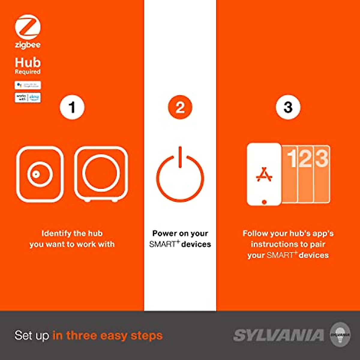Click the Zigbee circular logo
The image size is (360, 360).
pyautogui.click(x=28, y=27)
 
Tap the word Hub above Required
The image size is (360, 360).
pyautogui.click(x=28, y=62)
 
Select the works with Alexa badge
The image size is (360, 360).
pyautogui.click(x=28, y=97)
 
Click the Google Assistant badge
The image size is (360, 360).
pyautogui.click(x=28, y=85)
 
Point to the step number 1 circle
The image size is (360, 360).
pyautogui.click(x=72, y=107)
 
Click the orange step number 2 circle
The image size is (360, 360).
pyautogui.click(x=180, y=107)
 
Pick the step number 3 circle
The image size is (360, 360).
pyautogui.click(x=288, y=107)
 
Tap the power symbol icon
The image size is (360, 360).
pyautogui.click(x=180, y=175)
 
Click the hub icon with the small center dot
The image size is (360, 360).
pyautogui.click(x=40, y=174)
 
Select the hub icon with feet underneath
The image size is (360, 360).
pyautogui.click(x=101, y=174)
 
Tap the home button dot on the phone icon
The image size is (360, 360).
pyautogui.click(x=264, y=202)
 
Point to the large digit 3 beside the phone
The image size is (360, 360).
pyautogui.click(x=322, y=158)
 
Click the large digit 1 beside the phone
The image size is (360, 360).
pyautogui.click(x=292, y=158)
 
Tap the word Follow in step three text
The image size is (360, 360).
pyautogui.click(x=255, y=233)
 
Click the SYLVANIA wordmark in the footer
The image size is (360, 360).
pyautogui.click(x=278, y=335)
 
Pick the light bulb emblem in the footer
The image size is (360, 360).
pyautogui.click(x=340, y=335)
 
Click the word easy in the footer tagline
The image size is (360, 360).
pyautogui.click(x=114, y=335)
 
